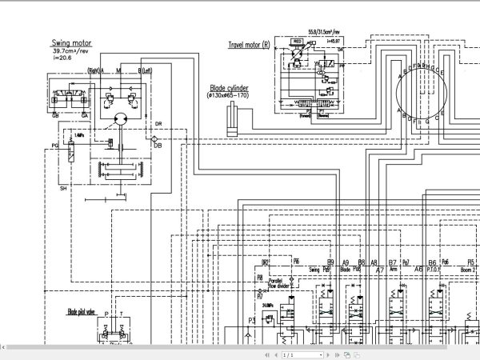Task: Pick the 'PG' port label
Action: [55, 146]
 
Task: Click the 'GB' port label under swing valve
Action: [56, 115]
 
